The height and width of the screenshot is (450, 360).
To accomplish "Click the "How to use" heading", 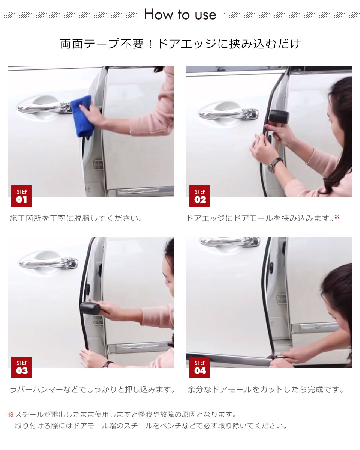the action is pos(180,14).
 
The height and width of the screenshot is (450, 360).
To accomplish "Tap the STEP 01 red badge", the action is pos(21,196).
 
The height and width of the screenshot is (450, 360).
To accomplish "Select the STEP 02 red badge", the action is pos(199,196).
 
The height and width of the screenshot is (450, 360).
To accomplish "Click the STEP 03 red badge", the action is pos(21,367).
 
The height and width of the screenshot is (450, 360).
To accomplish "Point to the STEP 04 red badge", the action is pos(199,367).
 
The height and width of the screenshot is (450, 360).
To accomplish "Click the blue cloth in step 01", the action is pos(82,116).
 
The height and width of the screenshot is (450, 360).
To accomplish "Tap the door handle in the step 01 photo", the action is pos(45,107).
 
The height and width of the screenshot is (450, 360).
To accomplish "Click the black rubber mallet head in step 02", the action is pos(279,117).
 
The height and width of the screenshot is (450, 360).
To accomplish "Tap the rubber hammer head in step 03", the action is pos(90,308).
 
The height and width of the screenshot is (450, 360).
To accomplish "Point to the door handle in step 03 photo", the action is pos(48,262).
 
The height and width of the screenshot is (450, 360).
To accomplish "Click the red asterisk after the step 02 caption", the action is pos(337,217).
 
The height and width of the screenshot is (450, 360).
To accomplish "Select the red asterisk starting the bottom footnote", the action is pos(11,414).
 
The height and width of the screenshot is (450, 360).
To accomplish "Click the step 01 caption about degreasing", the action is pos(76,218).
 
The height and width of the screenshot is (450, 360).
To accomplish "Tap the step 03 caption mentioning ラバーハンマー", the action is pos(92,390).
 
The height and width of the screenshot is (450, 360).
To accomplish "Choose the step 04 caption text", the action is pos(266,390).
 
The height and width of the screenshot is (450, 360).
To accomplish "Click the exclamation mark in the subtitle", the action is pos(150,44).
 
